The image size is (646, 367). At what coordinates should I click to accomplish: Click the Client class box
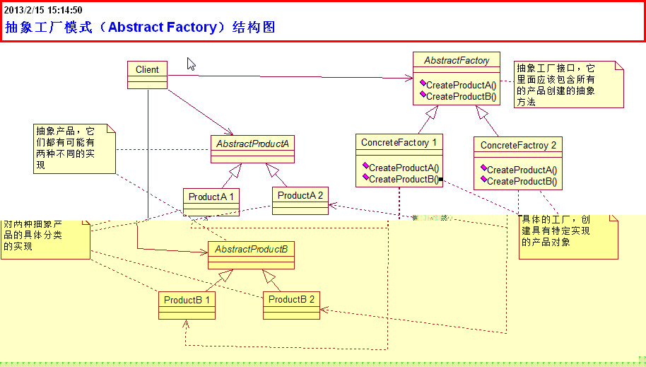click(147, 74)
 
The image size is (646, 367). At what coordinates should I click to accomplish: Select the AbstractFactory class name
click(457, 61)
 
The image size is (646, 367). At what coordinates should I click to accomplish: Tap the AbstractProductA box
click(252, 149)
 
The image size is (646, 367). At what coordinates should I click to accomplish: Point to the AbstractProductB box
click(251, 255)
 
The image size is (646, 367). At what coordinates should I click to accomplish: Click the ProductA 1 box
click(211, 202)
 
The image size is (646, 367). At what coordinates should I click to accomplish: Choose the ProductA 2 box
click(300, 200)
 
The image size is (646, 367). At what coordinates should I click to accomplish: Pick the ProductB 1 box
click(187, 305)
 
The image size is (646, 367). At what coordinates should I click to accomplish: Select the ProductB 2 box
click(291, 304)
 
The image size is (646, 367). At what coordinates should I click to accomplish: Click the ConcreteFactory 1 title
click(399, 142)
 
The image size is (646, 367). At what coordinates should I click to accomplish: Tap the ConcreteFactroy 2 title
click(518, 145)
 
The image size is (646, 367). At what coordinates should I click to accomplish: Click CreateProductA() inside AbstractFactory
click(461, 85)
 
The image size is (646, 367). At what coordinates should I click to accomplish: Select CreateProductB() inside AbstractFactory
click(461, 96)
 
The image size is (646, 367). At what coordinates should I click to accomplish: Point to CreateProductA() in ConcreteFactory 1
click(404, 168)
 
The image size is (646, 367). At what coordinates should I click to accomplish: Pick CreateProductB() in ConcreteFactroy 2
click(522, 181)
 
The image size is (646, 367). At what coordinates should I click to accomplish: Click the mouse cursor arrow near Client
click(191, 64)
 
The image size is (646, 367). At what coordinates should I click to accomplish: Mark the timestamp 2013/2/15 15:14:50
click(43, 10)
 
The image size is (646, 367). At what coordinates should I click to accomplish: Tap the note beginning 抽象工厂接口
click(569, 84)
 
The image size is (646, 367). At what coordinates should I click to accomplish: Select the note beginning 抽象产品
click(74, 148)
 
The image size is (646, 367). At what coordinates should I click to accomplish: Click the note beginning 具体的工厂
click(568, 235)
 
